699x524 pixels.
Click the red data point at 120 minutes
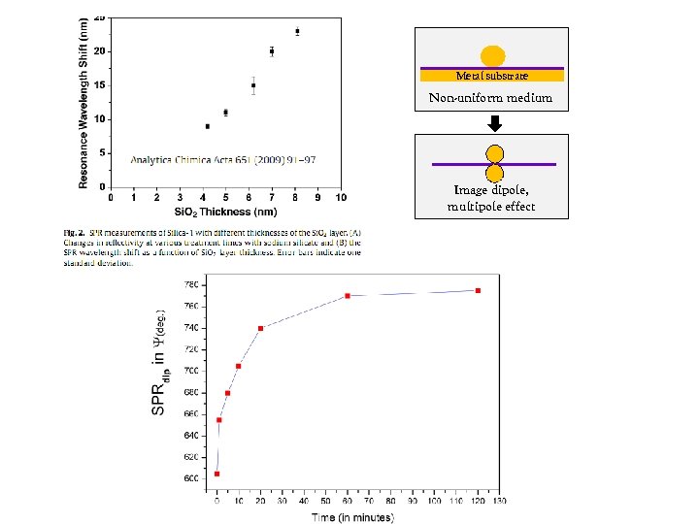[478, 290]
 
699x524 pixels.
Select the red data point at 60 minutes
[348, 296]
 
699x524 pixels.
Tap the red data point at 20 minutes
[260, 328]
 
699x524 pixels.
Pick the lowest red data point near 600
[216, 474]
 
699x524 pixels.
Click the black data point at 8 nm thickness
[297, 31]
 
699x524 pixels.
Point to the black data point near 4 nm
[207, 126]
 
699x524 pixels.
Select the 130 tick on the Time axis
[499, 502]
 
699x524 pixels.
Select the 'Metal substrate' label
[492, 76]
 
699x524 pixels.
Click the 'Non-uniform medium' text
[491, 98]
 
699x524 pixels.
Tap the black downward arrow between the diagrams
[493, 123]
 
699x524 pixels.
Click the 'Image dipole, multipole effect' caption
[491, 199]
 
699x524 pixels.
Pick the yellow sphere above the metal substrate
[493, 56]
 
